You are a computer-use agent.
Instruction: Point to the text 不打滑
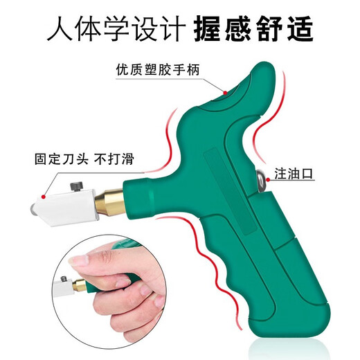coord(116,159)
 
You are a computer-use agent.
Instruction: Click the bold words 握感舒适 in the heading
coord(254,29)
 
